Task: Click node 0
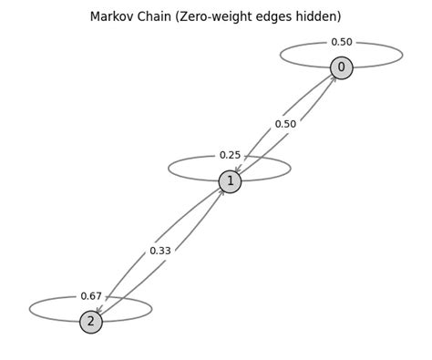[341, 67]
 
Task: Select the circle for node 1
[230, 181]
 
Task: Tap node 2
[91, 322]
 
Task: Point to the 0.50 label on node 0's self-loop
[341, 42]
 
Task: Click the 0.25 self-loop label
[230, 156]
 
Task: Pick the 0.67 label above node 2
[91, 296]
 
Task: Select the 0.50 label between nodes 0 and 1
[285, 124]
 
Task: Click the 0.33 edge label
[160, 251]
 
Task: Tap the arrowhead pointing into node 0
[334, 78]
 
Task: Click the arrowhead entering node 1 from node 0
[237, 171]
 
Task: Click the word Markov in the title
[112, 16]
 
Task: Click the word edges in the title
[281, 16]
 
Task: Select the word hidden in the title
[324, 16]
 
